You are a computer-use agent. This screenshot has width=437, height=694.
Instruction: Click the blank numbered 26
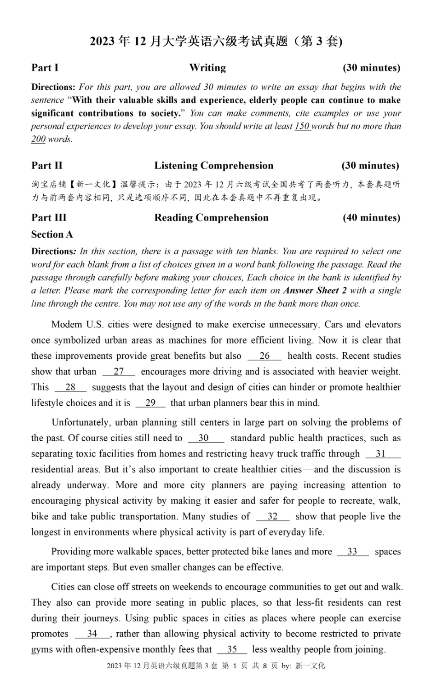click(264, 356)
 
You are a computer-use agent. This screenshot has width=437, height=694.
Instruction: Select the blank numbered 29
click(150, 403)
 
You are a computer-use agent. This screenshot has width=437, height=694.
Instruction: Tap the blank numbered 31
click(383, 454)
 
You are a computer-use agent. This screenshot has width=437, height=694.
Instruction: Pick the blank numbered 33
click(353, 552)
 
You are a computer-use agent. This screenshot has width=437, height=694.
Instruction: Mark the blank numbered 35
click(232, 649)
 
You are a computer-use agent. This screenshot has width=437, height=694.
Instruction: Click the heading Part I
click(45, 68)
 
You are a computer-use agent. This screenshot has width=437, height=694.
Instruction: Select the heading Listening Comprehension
click(213, 166)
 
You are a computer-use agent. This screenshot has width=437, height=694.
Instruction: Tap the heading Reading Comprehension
click(211, 218)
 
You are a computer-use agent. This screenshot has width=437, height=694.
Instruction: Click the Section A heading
click(52, 234)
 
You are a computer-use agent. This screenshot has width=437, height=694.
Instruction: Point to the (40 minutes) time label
click(371, 218)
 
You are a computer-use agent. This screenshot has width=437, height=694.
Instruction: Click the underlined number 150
click(302, 126)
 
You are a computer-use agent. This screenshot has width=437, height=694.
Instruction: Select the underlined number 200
click(38, 139)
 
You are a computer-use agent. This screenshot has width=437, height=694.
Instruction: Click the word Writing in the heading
click(207, 68)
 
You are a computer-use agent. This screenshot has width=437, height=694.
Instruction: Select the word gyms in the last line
click(42, 649)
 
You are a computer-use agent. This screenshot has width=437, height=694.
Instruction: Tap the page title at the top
click(216, 41)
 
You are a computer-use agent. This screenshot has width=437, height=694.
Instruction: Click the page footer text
click(216, 665)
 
